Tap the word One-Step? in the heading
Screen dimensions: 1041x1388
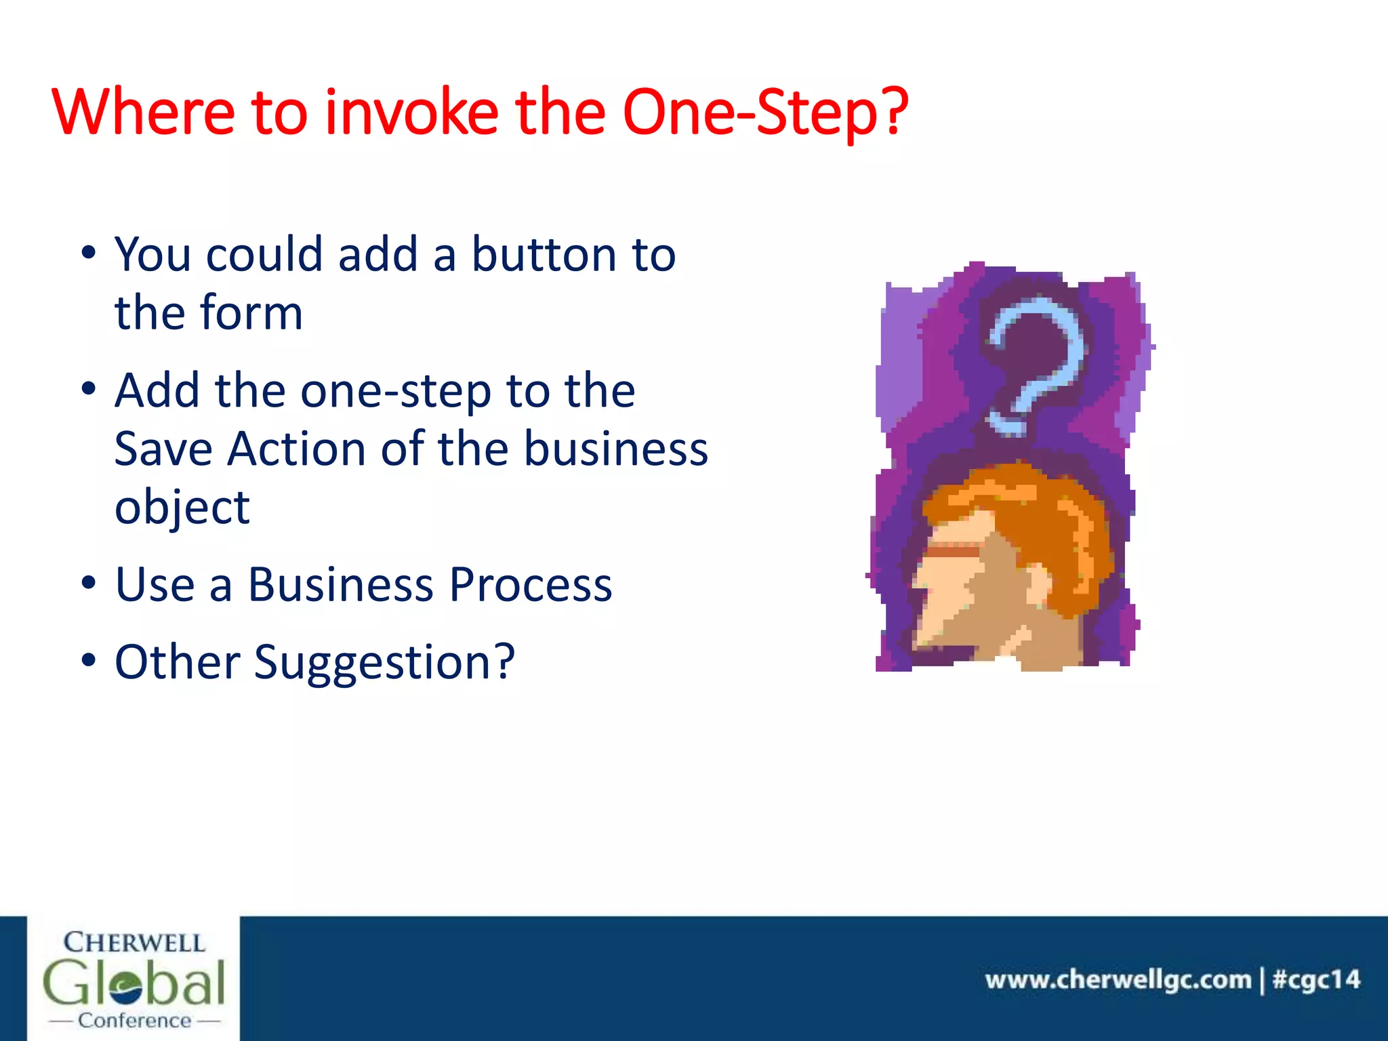(764, 113)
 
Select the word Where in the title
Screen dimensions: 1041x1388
(143, 112)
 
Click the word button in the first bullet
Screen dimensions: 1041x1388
(544, 255)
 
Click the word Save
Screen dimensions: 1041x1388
(163, 449)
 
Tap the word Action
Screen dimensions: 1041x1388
(296, 449)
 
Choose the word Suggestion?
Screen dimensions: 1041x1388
(384, 663)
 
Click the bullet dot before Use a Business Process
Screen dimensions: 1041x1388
(89, 583)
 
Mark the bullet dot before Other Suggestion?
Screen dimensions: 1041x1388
(89, 660)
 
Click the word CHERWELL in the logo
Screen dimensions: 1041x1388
(134, 943)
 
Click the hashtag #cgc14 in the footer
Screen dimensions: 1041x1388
(1315, 980)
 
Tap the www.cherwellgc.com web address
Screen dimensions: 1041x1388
(1118, 980)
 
